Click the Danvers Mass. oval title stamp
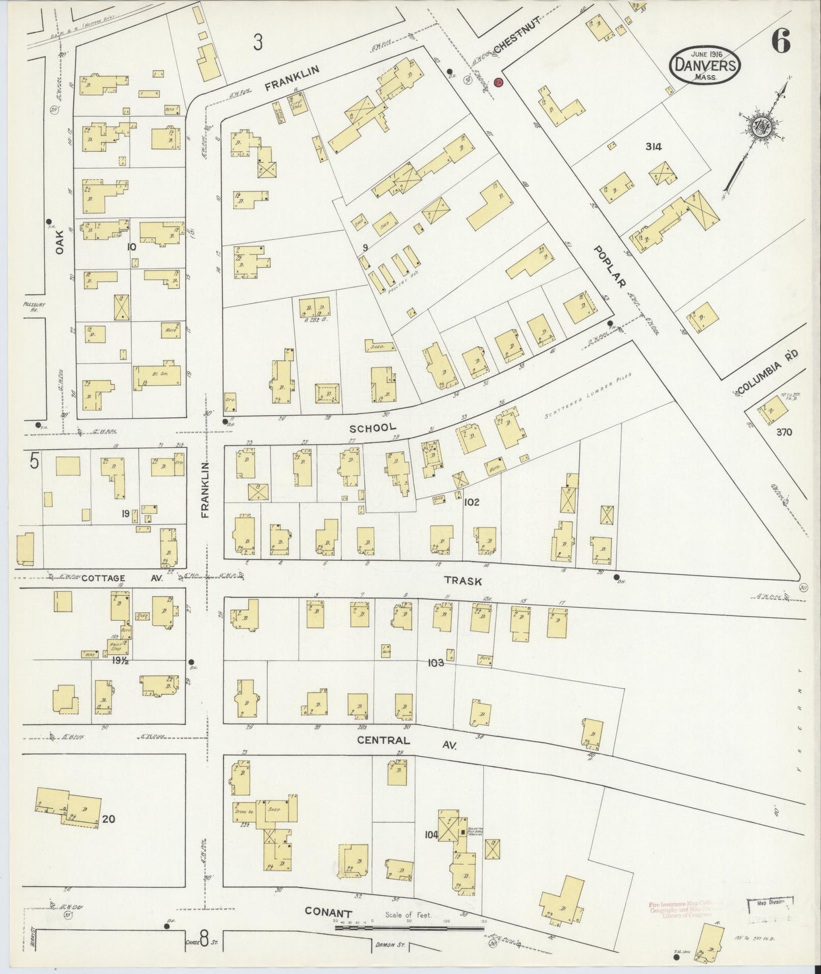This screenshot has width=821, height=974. tap(705, 66)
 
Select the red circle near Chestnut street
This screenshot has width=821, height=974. tap(499, 83)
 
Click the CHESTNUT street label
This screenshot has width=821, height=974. tap(515, 36)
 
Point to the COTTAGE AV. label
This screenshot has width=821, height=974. tap(122, 578)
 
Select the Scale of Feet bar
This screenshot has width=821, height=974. tap(409, 927)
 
